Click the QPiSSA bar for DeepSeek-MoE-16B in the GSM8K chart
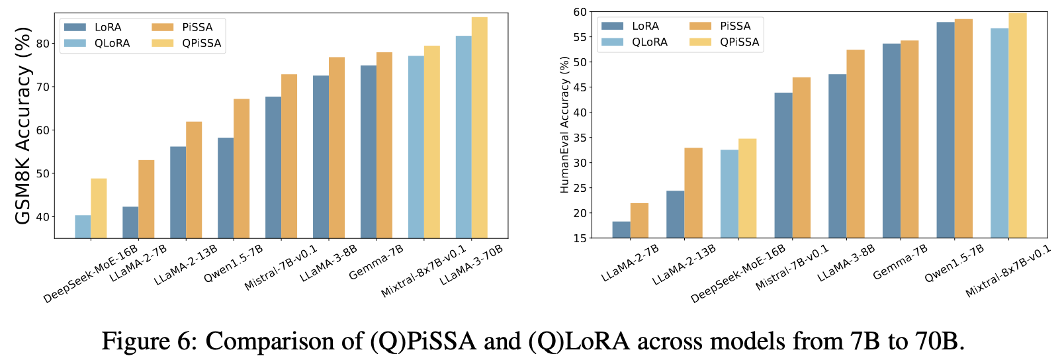point(99,208)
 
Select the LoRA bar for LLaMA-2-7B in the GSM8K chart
point(130,222)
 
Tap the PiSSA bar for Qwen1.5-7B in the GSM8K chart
point(242,169)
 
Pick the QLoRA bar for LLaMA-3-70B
point(464,137)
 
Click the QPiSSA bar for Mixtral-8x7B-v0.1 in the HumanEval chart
point(1018,125)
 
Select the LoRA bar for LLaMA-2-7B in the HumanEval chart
point(621,230)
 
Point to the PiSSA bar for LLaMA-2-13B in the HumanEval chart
point(693,193)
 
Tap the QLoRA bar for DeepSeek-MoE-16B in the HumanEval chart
point(730,194)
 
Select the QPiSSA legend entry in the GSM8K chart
point(187,43)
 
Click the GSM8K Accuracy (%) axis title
point(22,125)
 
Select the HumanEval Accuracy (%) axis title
point(564,125)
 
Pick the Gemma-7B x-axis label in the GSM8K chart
point(377,262)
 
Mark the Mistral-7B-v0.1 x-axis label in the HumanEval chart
point(792,268)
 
